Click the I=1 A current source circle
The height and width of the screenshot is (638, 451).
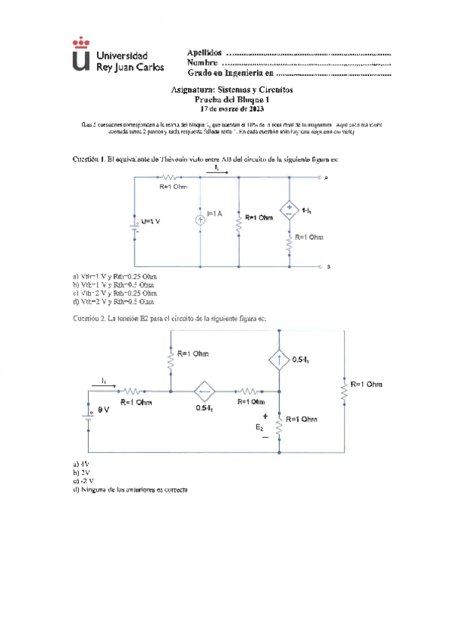click(201, 220)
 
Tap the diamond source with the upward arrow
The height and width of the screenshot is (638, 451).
click(279, 360)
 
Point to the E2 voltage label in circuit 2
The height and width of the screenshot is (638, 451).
click(260, 427)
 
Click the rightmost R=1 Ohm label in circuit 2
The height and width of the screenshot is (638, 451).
click(365, 384)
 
